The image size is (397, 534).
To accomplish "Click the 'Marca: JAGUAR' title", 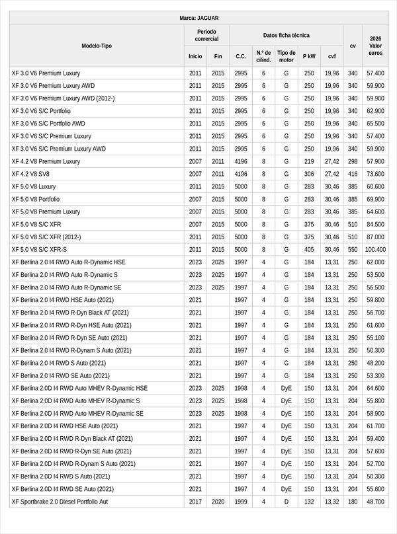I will [198, 18].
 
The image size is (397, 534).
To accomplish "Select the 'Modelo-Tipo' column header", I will [97, 46].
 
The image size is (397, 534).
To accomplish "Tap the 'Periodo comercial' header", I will [207, 35].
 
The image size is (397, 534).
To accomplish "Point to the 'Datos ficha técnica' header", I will [286, 35].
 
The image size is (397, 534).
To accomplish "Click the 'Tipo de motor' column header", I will [286, 56].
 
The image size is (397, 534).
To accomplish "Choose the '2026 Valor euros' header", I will [375, 46].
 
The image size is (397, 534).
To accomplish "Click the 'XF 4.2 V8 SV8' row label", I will [31, 174].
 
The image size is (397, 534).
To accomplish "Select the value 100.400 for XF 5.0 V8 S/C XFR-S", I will [375, 250].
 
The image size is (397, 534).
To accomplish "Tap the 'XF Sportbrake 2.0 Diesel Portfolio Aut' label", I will [60, 502].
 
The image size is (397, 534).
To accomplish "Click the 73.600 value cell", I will [375, 174].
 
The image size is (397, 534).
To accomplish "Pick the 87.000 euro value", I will [375, 237].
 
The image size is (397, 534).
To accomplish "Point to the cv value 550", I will [353, 250].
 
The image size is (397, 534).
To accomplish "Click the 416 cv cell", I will [353, 174].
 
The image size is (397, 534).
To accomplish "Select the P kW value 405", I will [309, 250].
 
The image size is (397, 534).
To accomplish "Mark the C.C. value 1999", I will [241, 502].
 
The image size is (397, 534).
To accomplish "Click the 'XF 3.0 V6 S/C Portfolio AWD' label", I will [48, 124].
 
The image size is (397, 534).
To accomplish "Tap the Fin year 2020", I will [218, 502].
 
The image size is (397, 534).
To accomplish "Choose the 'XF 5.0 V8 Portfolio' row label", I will [36, 199].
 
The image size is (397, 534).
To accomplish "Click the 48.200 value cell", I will [375, 363].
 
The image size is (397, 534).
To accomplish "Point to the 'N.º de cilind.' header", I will [263, 56].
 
